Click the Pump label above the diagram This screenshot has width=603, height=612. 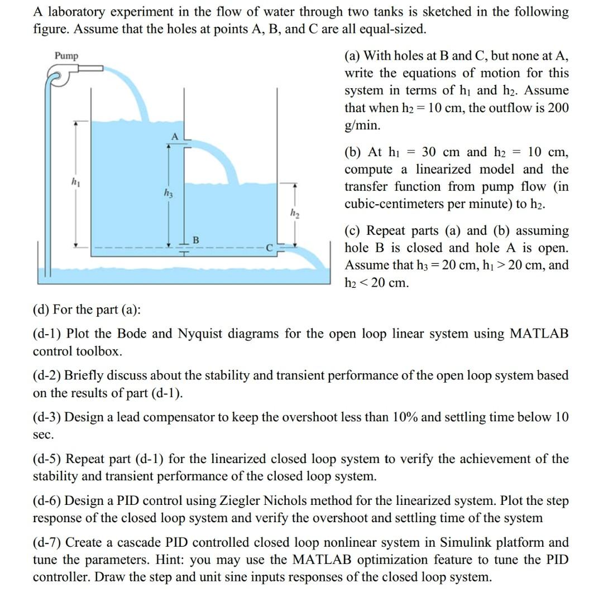click(x=66, y=56)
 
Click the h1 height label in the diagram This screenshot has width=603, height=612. click(x=73, y=182)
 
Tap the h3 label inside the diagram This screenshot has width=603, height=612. click(x=168, y=193)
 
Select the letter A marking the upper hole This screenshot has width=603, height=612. click(x=174, y=137)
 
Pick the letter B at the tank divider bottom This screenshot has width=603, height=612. click(x=195, y=240)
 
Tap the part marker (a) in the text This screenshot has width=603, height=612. click(x=353, y=55)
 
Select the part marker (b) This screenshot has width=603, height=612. click(x=354, y=152)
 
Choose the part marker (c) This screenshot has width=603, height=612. click(x=353, y=230)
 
